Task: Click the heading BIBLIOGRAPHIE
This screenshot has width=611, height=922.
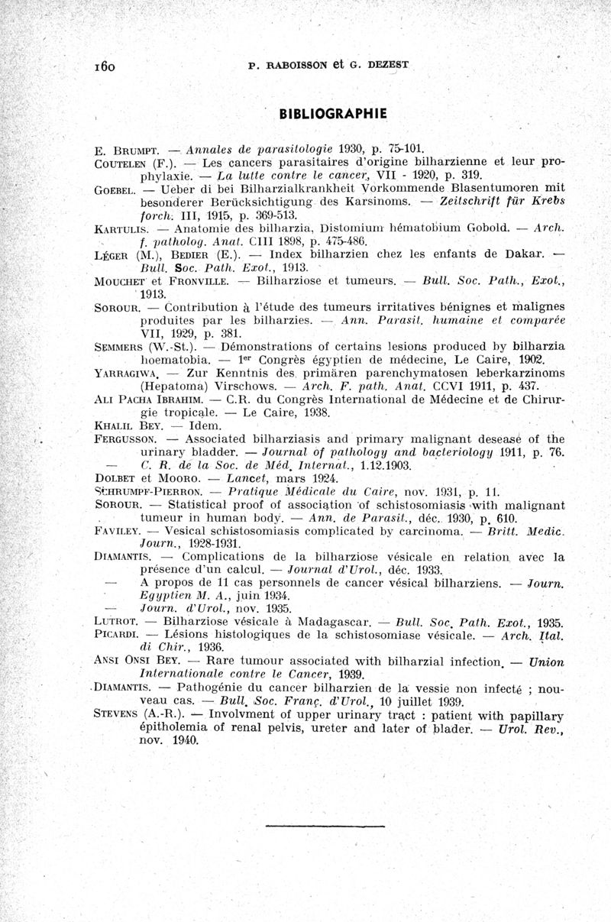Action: (x=334, y=114)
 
